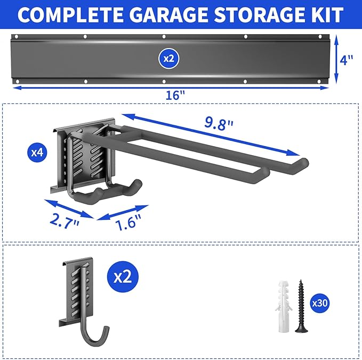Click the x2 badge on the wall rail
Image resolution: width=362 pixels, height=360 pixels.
(x=168, y=58)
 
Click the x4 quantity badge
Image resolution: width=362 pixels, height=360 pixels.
(x=37, y=153)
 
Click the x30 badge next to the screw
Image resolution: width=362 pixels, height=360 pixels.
(x=320, y=303)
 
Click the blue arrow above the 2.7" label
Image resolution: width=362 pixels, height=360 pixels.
(x=68, y=209)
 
